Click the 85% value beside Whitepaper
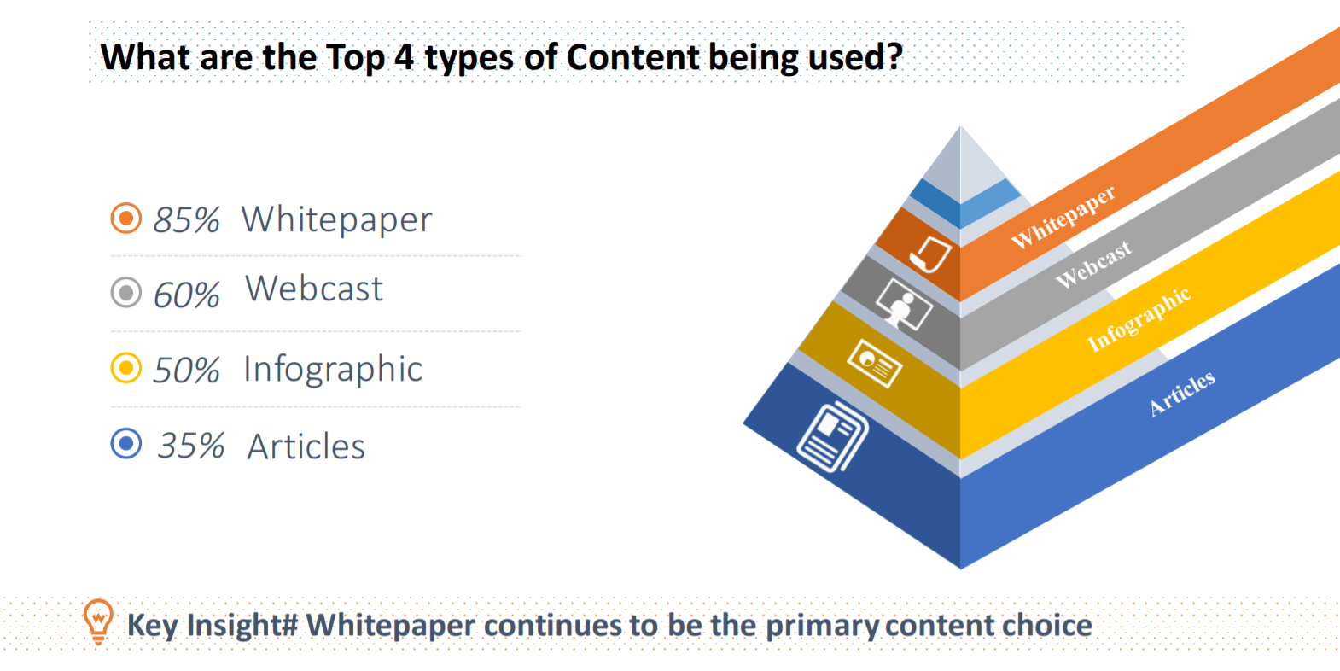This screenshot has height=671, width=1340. pyautogui.click(x=186, y=220)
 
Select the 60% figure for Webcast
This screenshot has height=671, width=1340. pyautogui.click(x=186, y=295)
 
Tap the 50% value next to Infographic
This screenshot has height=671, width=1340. pyautogui.click(x=186, y=371)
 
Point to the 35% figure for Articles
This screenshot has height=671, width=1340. pyautogui.click(x=191, y=446)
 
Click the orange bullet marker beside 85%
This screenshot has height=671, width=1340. pyautogui.click(x=126, y=219)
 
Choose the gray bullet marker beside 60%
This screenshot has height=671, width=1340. pyautogui.click(x=126, y=293)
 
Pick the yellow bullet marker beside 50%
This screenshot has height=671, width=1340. pyautogui.click(x=126, y=368)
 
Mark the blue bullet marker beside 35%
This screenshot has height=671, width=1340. pyautogui.click(x=126, y=443)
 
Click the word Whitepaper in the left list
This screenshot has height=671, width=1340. pyautogui.click(x=336, y=220)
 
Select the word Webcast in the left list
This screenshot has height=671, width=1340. pyautogui.click(x=314, y=289)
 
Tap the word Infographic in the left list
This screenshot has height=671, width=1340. pyautogui.click(x=333, y=370)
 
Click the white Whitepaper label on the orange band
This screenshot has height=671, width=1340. pyautogui.click(x=1063, y=217)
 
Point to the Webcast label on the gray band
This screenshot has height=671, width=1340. pyautogui.click(x=1093, y=264)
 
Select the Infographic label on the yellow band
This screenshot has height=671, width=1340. pyautogui.click(x=1139, y=319)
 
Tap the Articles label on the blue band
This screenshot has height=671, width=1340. pyautogui.click(x=1182, y=393)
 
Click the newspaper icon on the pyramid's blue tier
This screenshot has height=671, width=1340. pyautogui.click(x=832, y=436)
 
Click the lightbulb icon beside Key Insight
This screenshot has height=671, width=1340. pyautogui.click(x=98, y=621)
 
